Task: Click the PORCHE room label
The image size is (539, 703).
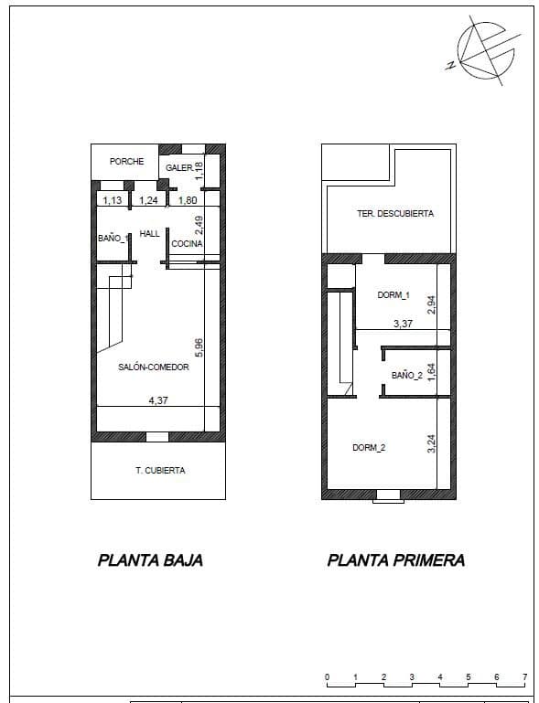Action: point(126,162)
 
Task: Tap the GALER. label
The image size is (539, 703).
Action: point(178,168)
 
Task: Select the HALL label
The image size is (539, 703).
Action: point(149,234)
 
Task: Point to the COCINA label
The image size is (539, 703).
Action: point(187,244)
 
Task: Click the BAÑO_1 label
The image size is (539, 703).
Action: point(113,239)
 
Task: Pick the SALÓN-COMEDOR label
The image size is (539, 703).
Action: point(154,367)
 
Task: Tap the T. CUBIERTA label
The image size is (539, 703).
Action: point(160,471)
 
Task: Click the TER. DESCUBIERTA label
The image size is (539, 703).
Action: point(395,214)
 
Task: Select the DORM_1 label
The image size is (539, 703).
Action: point(393,295)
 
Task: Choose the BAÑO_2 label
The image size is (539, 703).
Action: point(406,376)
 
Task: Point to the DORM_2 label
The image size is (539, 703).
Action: point(369,448)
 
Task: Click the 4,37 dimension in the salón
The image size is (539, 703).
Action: point(158,399)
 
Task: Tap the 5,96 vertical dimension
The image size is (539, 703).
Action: point(199,347)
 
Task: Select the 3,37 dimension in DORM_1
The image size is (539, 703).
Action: point(403,323)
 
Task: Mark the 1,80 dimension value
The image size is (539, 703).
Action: point(187,200)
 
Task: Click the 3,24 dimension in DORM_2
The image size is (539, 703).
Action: point(432,443)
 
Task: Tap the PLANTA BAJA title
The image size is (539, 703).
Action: point(150,560)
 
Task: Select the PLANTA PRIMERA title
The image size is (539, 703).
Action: point(395,560)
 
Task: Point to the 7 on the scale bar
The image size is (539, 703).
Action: point(524,677)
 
